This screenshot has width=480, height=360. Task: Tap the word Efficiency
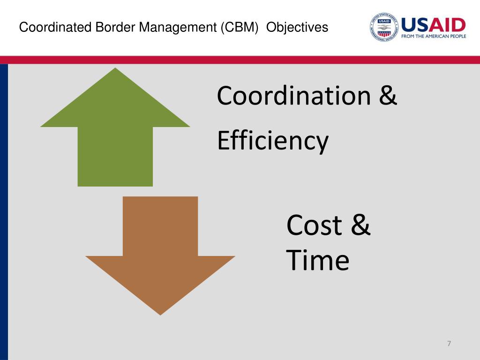pos(272,141)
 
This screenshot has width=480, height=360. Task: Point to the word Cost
pos(314,225)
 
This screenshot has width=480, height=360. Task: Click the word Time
pos(317,261)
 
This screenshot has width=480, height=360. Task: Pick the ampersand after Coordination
pos(388,96)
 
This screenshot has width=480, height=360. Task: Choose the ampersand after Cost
pos(360,225)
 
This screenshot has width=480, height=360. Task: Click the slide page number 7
pos(449,344)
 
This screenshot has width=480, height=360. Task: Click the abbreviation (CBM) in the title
pos(240,28)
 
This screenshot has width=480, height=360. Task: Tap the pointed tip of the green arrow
pos(115,70)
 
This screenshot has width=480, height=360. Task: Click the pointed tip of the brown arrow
pos(160,313)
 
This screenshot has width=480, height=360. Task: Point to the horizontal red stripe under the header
pos(240,60)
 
